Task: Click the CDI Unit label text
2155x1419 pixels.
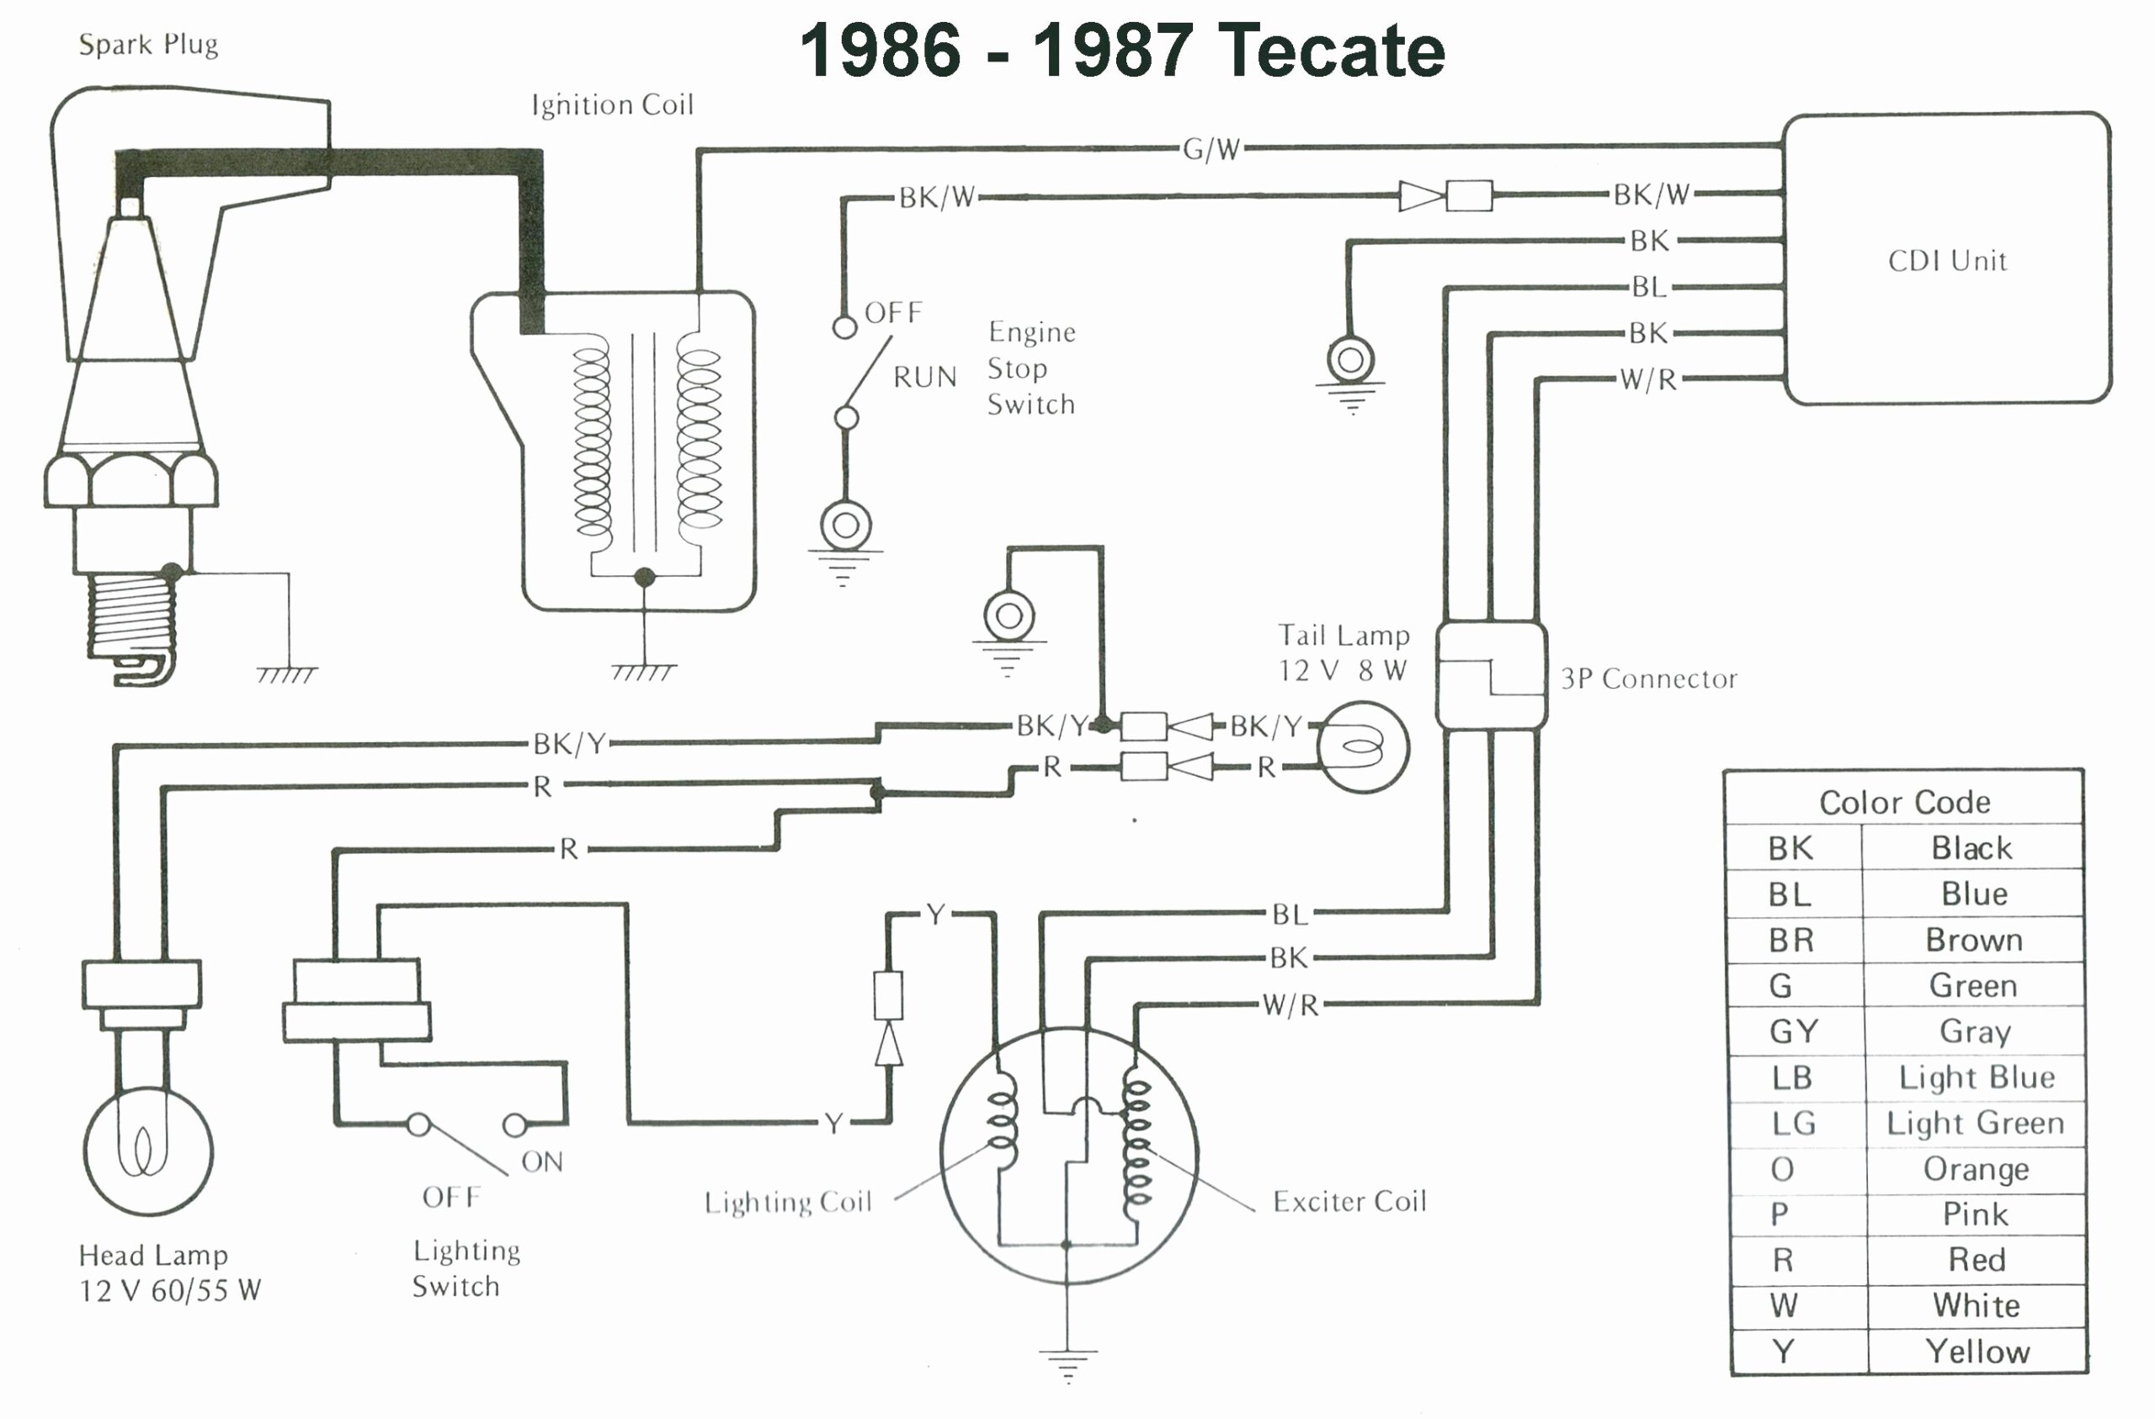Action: pos(1947,261)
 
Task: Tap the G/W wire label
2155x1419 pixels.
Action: pos(1211,149)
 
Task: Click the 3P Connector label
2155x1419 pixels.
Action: pos(1648,678)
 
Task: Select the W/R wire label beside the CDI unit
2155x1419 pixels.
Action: pos(1648,380)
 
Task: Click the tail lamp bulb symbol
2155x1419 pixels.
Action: pos(1362,748)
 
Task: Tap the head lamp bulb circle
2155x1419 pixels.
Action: pos(147,1152)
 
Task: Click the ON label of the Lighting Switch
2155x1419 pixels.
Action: pos(541,1162)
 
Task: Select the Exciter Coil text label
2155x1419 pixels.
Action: pos(1349,1202)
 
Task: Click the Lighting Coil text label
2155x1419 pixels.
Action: pos(788,1202)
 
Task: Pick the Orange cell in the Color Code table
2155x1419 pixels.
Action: pos(1976,1169)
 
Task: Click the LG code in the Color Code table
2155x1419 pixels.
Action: pos(1793,1123)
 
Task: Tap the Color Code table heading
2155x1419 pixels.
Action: pos(1904,803)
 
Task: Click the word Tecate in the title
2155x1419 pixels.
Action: pos(1329,51)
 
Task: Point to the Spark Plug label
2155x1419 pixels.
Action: pos(147,45)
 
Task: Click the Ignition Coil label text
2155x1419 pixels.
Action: pos(612,105)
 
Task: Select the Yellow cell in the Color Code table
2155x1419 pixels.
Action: pos(1977,1352)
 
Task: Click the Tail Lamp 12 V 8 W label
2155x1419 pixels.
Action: pos(1343,653)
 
